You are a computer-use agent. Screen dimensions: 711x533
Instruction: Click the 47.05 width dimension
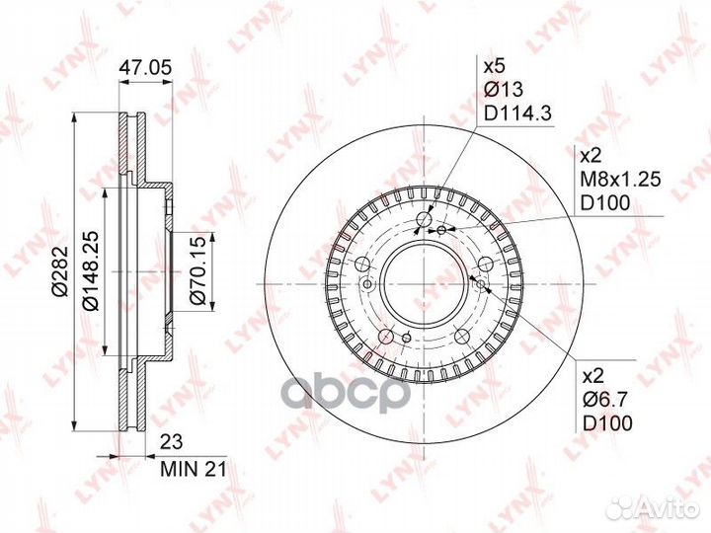tap(145, 68)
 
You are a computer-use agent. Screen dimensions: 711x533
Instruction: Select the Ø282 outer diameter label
tap(60, 270)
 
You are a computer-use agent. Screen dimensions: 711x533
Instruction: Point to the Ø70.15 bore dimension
tap(197, 270)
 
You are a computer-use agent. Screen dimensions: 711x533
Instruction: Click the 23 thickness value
tap(171, 441)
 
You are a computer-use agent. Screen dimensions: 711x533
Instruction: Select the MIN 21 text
tap(193, 469)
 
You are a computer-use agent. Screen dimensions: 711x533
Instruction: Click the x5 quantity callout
tap(495, 67)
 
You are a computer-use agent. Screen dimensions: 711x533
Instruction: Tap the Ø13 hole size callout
tap(504, 89)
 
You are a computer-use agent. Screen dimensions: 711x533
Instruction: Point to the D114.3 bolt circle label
tap(517, 113)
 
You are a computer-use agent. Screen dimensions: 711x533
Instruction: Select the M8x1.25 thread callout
tap(621, 180)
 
